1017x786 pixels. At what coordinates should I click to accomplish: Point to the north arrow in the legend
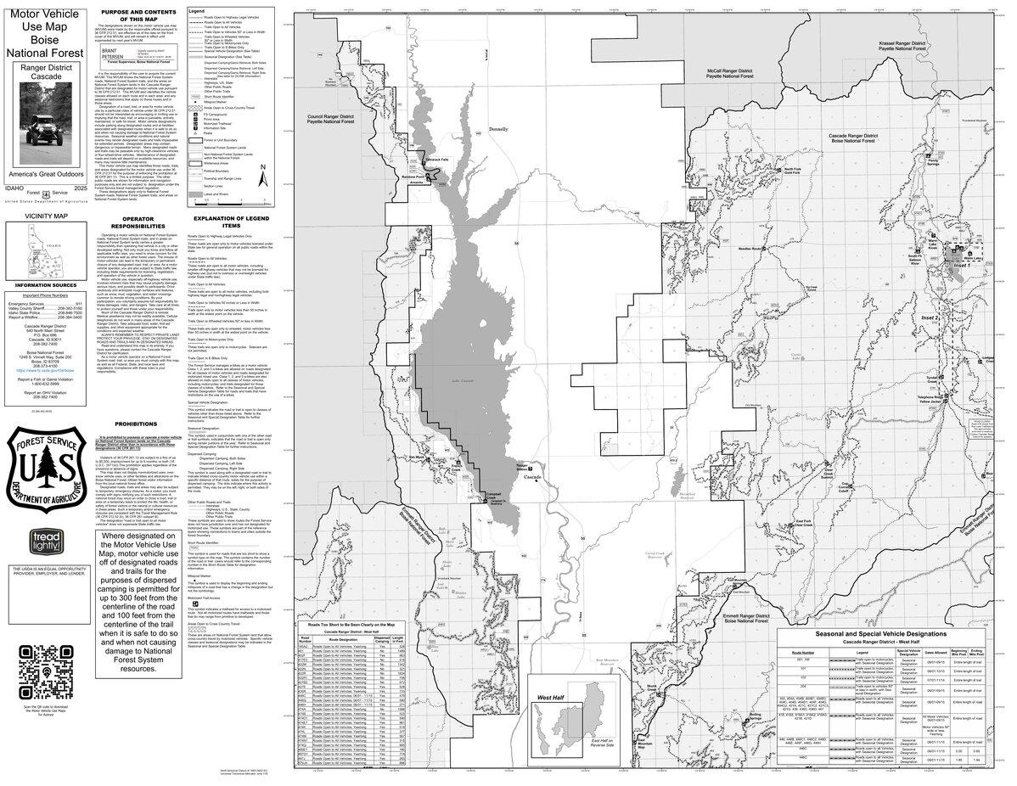(x=264, y=177)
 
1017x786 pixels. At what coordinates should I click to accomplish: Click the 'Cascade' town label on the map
(x=533, y=479)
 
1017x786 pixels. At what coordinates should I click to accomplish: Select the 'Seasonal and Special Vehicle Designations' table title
(x=880, y=634)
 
